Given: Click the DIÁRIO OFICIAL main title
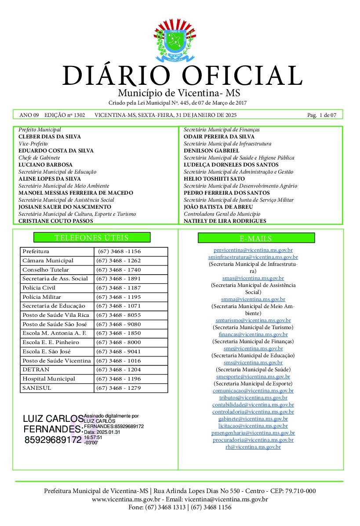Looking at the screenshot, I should tap(182, 76).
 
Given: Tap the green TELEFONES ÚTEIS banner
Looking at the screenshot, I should tap(92, 238).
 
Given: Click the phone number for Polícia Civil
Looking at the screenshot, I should tap(118, 288).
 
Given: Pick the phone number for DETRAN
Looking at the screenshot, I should tap(118, 370).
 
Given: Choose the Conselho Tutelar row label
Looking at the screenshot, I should tap(46, 270).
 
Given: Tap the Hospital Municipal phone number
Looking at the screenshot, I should tap(118, 379).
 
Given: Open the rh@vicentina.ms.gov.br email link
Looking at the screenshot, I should tap(253, 447).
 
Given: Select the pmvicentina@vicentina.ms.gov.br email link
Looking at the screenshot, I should tap(253, 250).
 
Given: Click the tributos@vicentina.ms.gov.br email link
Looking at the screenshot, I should tap(253, 398).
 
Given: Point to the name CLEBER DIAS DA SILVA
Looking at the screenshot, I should tap(49, 137).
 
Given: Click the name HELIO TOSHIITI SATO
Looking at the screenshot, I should tap(214, 179).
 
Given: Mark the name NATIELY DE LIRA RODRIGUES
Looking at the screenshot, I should tap(225, 221).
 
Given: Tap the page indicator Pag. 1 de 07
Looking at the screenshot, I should tap(322, 115).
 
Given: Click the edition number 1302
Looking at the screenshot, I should tap(80, 115).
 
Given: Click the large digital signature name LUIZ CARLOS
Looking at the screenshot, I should tap(53, 418).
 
